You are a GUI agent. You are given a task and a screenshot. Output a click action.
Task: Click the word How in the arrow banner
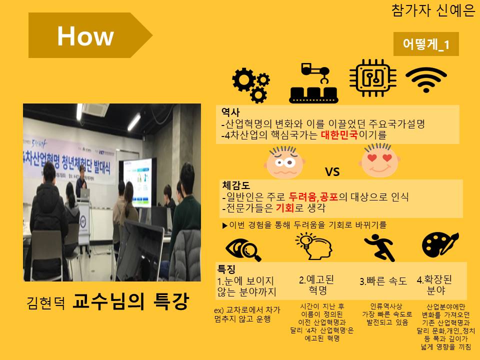click(85, 36)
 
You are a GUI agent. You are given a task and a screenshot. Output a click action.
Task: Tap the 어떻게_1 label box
click(426, 44)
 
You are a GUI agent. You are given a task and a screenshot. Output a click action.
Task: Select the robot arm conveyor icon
click(314, 82)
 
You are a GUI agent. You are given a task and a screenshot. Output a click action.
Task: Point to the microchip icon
click(373, 78)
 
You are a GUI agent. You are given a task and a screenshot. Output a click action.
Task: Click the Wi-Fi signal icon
click(426, 79)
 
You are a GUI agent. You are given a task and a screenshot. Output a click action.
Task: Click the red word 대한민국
click(339, 134)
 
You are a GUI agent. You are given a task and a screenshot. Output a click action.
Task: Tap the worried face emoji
click(284, 162)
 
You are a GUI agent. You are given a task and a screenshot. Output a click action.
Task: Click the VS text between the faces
click(332, 171)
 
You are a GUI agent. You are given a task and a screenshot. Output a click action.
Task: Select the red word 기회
click(285, 208)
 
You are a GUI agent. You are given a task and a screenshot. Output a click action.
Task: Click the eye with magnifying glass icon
click(243, 249)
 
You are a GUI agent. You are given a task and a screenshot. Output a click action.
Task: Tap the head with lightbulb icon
click(314, 246)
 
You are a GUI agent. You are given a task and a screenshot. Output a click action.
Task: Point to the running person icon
click(379, 247)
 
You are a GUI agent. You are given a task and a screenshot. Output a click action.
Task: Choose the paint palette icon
click(440, 244)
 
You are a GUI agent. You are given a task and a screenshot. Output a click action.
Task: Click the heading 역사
click(230, 112)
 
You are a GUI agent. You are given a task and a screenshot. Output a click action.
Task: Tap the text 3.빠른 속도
click(383, 281)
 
